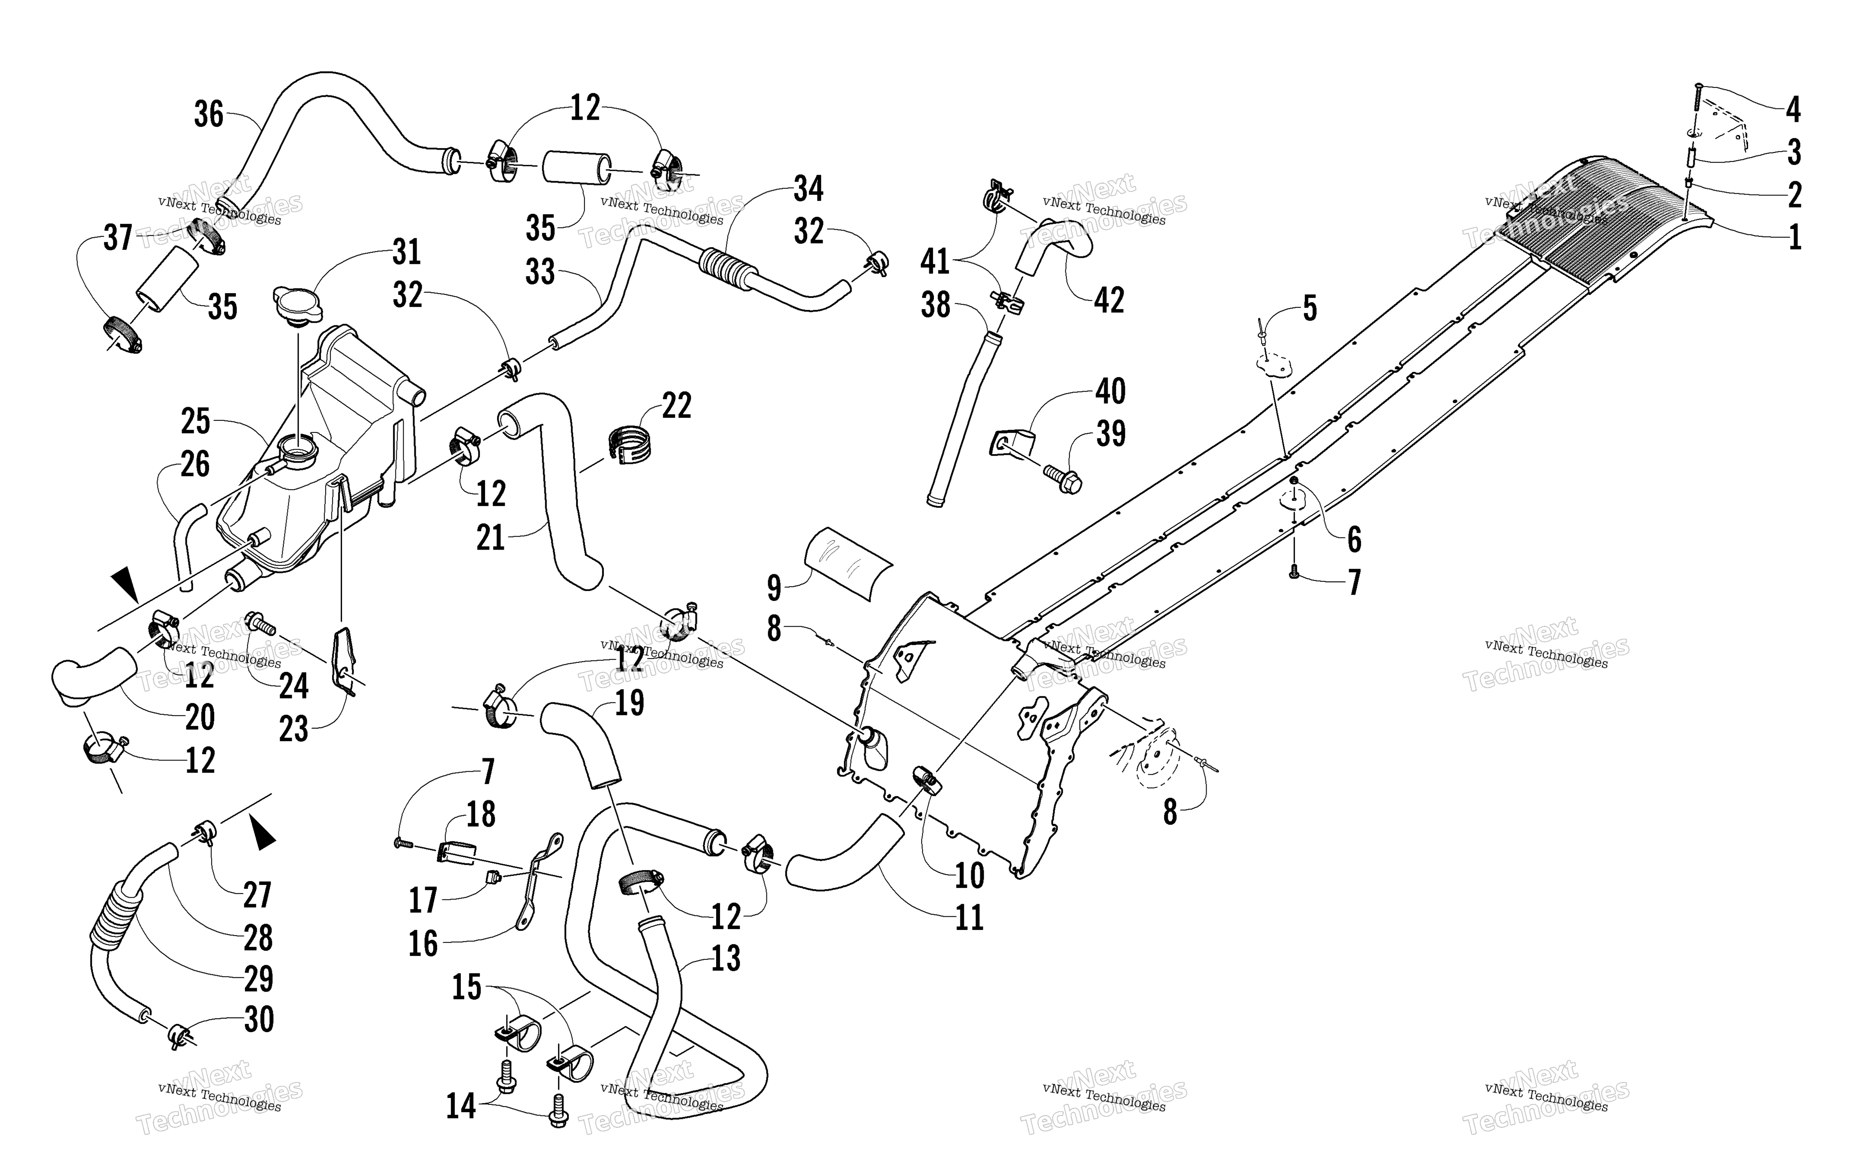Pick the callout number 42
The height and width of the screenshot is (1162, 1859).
[1109, 300]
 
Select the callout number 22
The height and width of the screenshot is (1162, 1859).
[676, 406]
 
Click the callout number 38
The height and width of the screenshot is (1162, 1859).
[936, 305]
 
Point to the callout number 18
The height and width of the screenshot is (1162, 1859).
[481, 815]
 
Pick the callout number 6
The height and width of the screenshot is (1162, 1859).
[1354, 540]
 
